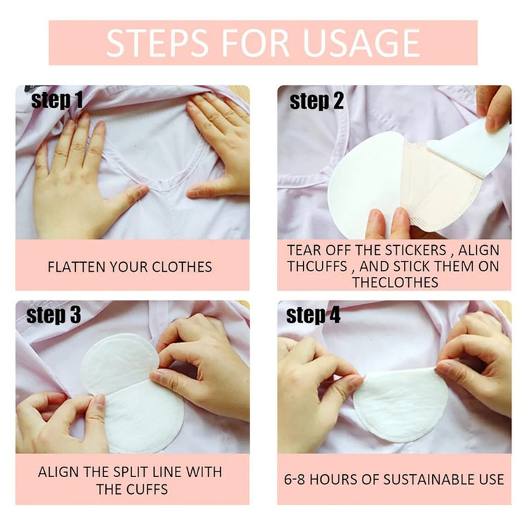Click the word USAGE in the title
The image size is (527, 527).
(361, 43)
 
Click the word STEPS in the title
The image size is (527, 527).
(157, 43)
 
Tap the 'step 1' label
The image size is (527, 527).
(57, 100)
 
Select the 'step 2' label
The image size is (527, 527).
(316, 100)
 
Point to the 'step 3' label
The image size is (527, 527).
(53, 315)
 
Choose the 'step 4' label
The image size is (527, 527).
(313, 315)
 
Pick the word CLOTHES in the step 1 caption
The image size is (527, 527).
(182, 267)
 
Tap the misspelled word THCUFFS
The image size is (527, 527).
(317, 266)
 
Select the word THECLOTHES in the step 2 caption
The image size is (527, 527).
(395, 282)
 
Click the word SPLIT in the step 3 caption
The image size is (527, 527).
(131, 472)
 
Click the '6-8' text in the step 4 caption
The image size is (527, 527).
(294, 480)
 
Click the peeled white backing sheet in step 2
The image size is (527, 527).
(469, 148)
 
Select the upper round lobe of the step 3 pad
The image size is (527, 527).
(119, 361)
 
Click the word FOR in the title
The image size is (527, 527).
(255, 43)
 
